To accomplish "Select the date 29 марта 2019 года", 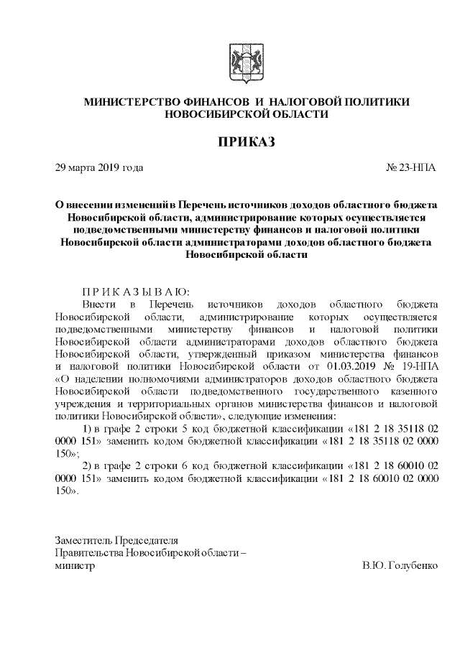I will pyautogui.click(x=99, y=168).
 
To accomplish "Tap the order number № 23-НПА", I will pyautogui.click(x=411, y=168).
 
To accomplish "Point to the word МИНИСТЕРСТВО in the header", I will pyautogui.click(x=132, y=102).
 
